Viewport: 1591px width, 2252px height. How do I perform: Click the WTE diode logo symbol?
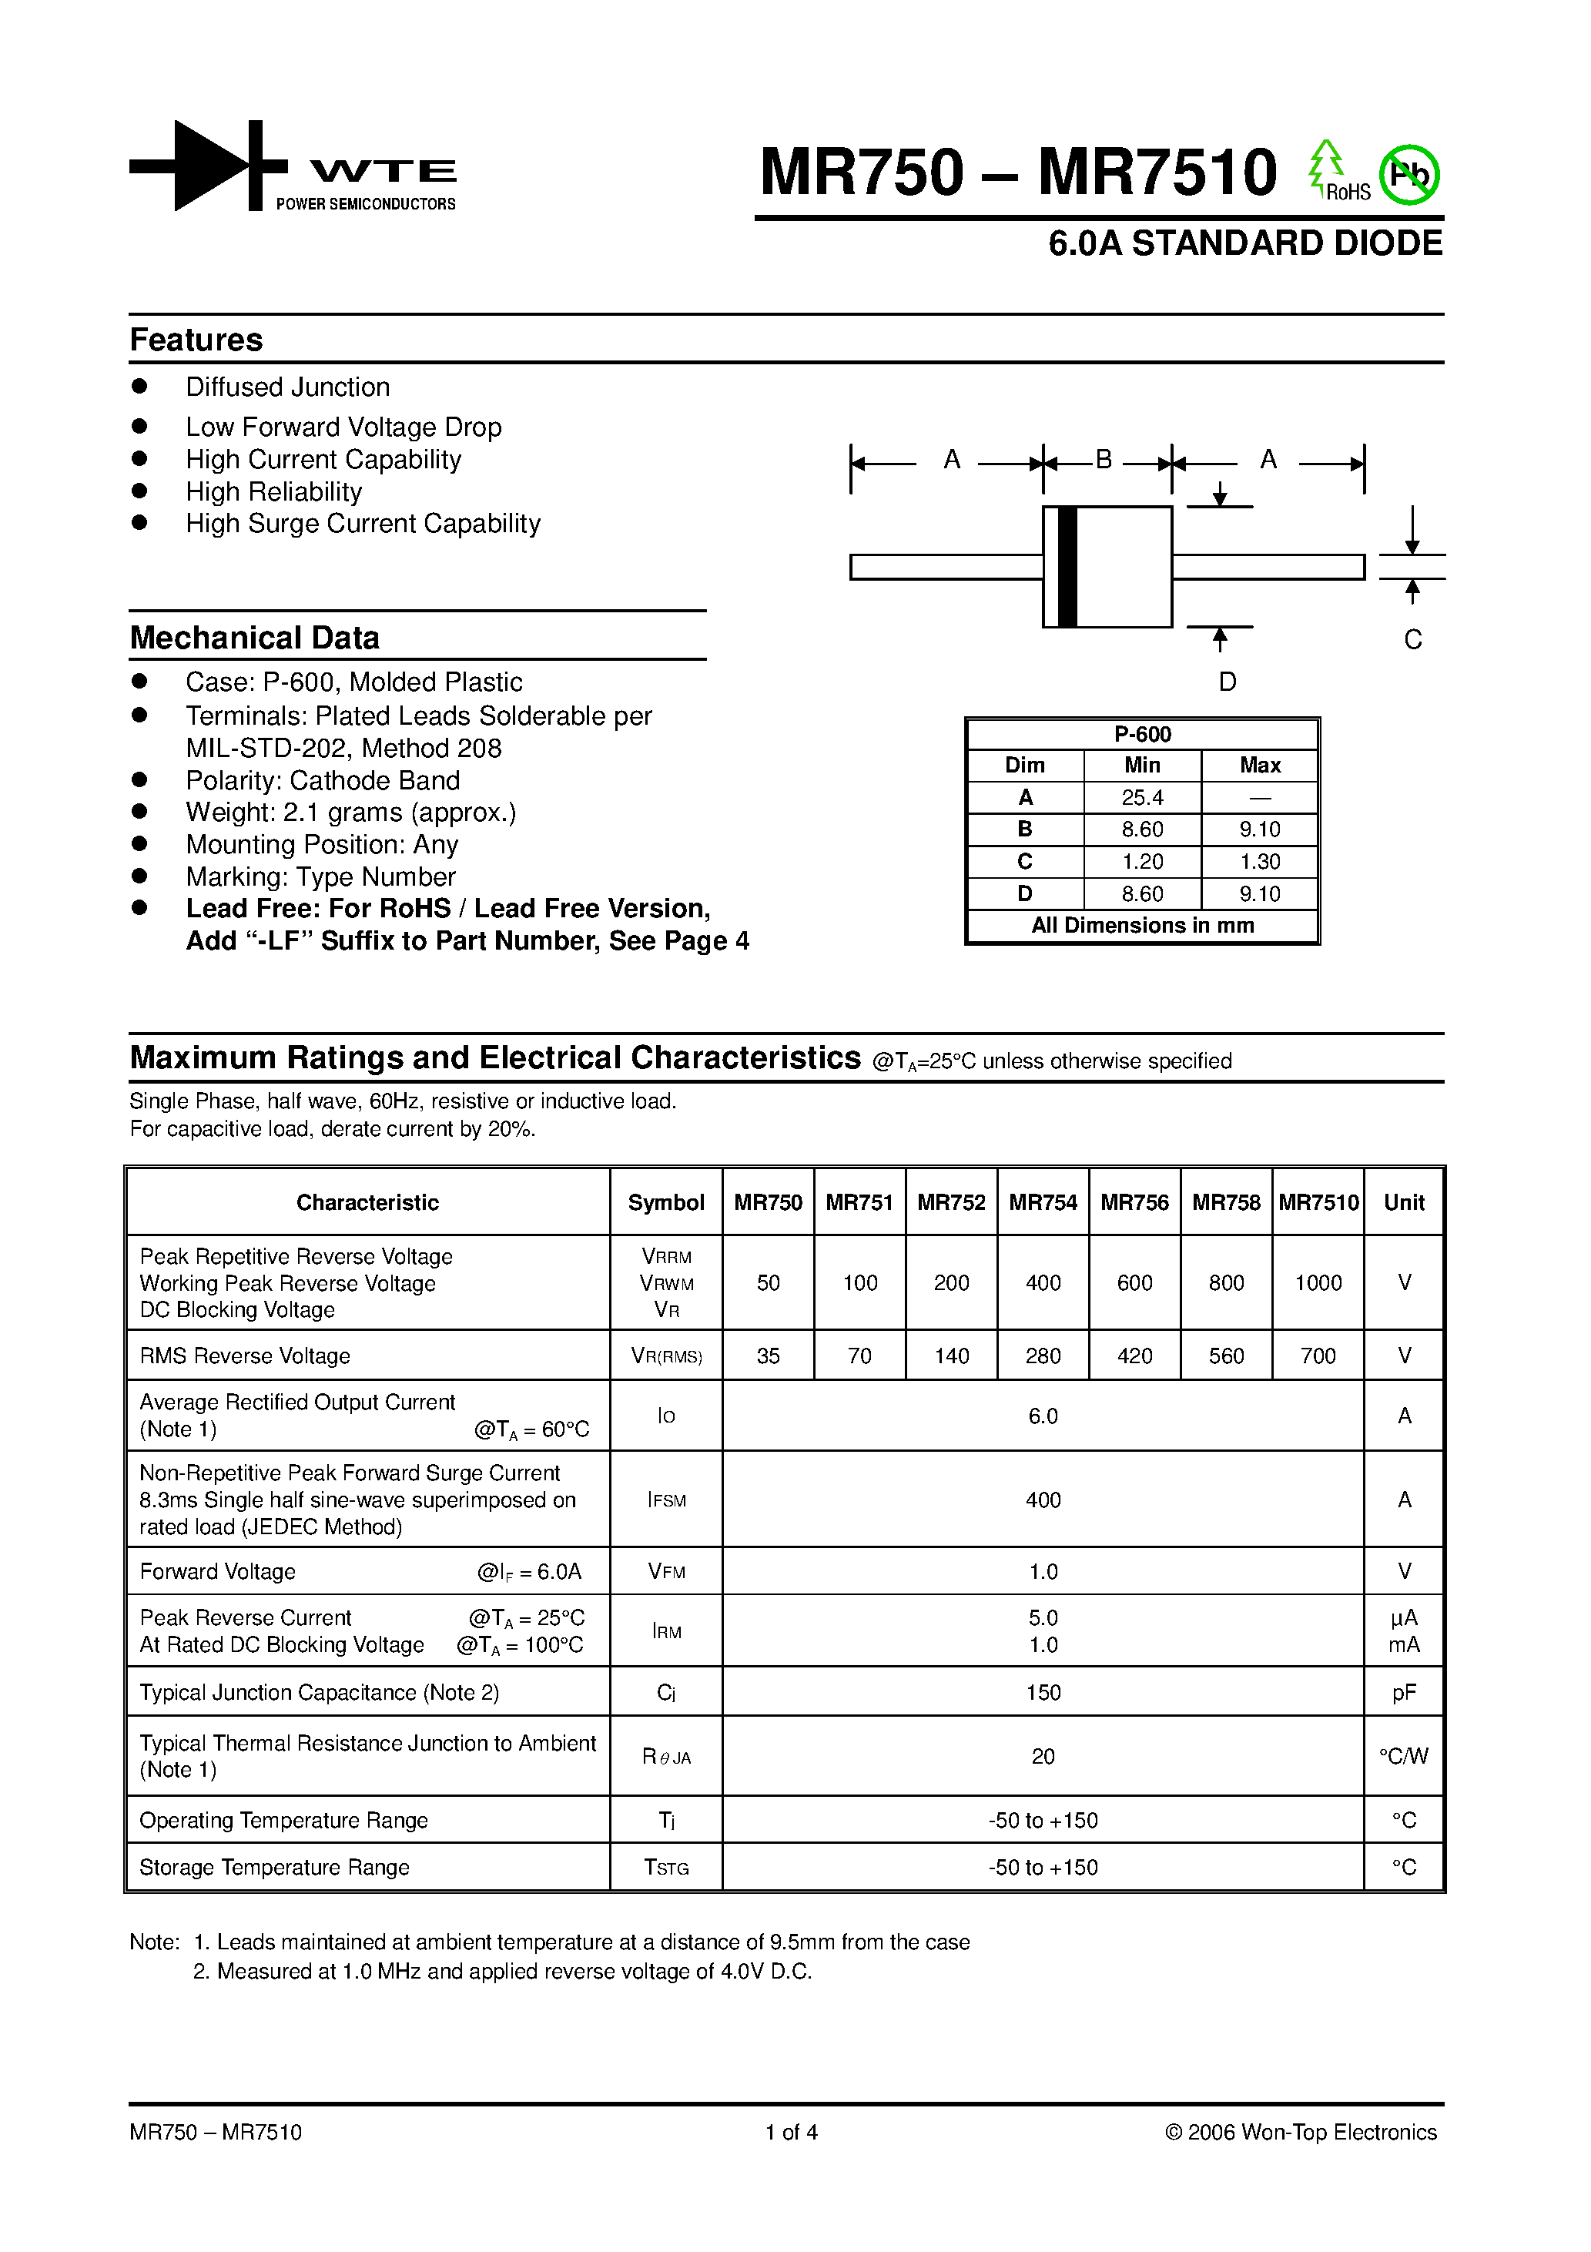tap(208, 165)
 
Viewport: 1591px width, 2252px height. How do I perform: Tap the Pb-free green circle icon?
tap(1408, 176)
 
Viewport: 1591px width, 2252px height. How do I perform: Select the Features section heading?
tap(196, 340)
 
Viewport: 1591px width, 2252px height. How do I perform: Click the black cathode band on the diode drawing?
tap(1068, 567)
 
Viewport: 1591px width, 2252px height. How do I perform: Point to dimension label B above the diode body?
tap(1104, 459)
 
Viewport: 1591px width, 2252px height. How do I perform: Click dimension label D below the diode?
tap(1227, 681)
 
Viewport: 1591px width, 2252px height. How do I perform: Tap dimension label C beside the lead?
tap(1412, 639)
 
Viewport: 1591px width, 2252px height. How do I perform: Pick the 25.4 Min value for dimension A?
tap(1142, 797)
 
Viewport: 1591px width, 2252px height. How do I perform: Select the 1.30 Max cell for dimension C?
tap(1259, 861)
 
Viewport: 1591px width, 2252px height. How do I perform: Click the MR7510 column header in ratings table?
tap(1318, 1202)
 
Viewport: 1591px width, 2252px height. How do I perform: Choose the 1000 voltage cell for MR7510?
tap(1318, 1283)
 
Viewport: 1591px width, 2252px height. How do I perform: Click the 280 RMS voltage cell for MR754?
tap(1043, 1356)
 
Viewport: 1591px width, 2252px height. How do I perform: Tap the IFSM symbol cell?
tap(666, 1500)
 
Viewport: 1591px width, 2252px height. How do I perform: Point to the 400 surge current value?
tap(1043, 1500)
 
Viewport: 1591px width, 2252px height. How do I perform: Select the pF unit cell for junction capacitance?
tap(1404, 1693)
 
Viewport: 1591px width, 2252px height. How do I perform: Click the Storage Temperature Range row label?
tap(275, 1868)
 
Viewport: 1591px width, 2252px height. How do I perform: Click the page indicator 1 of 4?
tap(792, 2133)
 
